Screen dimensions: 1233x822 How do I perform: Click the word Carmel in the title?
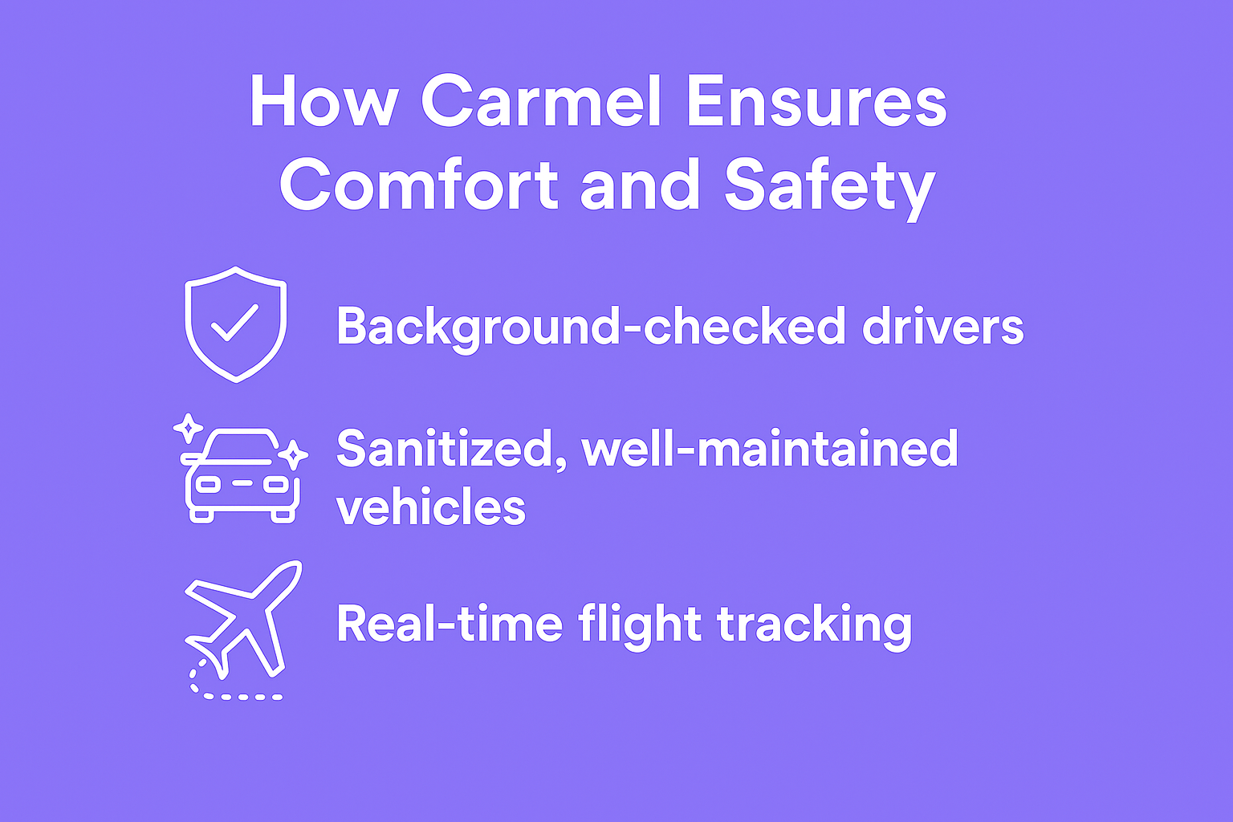(x=540, y=102)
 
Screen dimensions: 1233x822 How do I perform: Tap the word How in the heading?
(x=324, y=102)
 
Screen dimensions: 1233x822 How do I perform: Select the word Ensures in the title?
(x=817, y=102)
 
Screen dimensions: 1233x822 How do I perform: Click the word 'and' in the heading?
(x=640, y=185)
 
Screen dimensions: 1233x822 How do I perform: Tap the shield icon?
(x=235, y=324)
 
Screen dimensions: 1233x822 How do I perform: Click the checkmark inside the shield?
(x=234, y=323)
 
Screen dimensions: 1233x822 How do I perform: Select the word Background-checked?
(x=590, y=328)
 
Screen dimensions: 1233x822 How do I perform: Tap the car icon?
(x=240, y=474)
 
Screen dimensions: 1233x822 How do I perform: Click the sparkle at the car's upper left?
(x=189, y=428)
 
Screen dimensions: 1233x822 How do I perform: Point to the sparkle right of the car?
(x=293, y=455)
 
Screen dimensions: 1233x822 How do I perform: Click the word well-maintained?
(x=770, y=449)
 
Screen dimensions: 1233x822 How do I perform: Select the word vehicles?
(x=431, y=506)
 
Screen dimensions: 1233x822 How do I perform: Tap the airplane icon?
(x=242, y=630)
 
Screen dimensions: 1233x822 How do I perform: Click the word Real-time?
(x=450, y=623)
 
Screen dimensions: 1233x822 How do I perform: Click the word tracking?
(x=815, y=627)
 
